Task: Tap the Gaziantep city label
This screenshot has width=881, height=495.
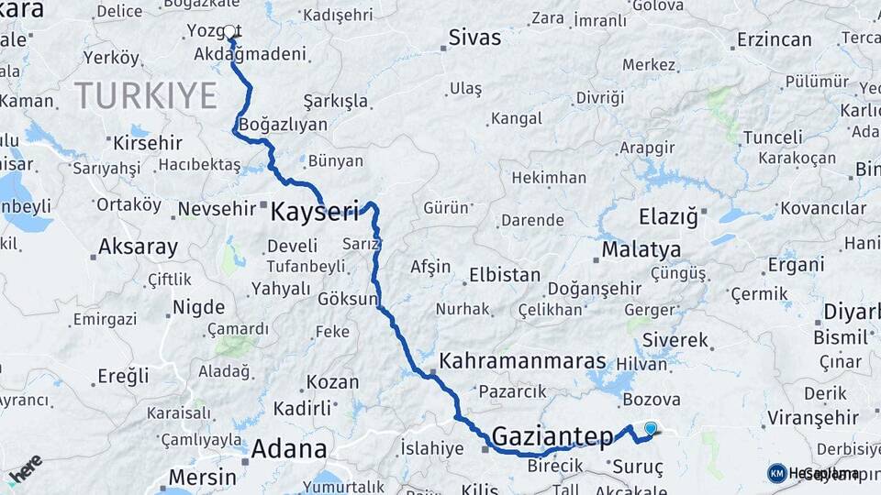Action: click(552, 434)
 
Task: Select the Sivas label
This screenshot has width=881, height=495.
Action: click(474, 38)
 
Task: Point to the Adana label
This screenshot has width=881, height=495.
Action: click(288, 449)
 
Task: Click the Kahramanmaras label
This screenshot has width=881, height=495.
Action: click(522, 361)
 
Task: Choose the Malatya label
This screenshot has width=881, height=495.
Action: click(641, 249)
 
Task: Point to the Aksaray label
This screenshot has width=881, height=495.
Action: click(138, 247)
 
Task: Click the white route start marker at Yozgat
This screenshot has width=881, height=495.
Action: click(229, 32)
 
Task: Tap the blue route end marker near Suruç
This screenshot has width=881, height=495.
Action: click(651, 428)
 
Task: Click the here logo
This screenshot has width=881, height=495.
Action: click(25, 469)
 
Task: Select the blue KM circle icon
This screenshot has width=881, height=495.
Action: click(777, 473)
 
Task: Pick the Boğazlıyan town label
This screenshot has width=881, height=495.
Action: click(284, 124)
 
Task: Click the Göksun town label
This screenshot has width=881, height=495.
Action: click(348, 300)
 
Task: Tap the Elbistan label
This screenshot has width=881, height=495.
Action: click(505, 274)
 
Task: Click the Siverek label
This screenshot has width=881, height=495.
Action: click(675, 340)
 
